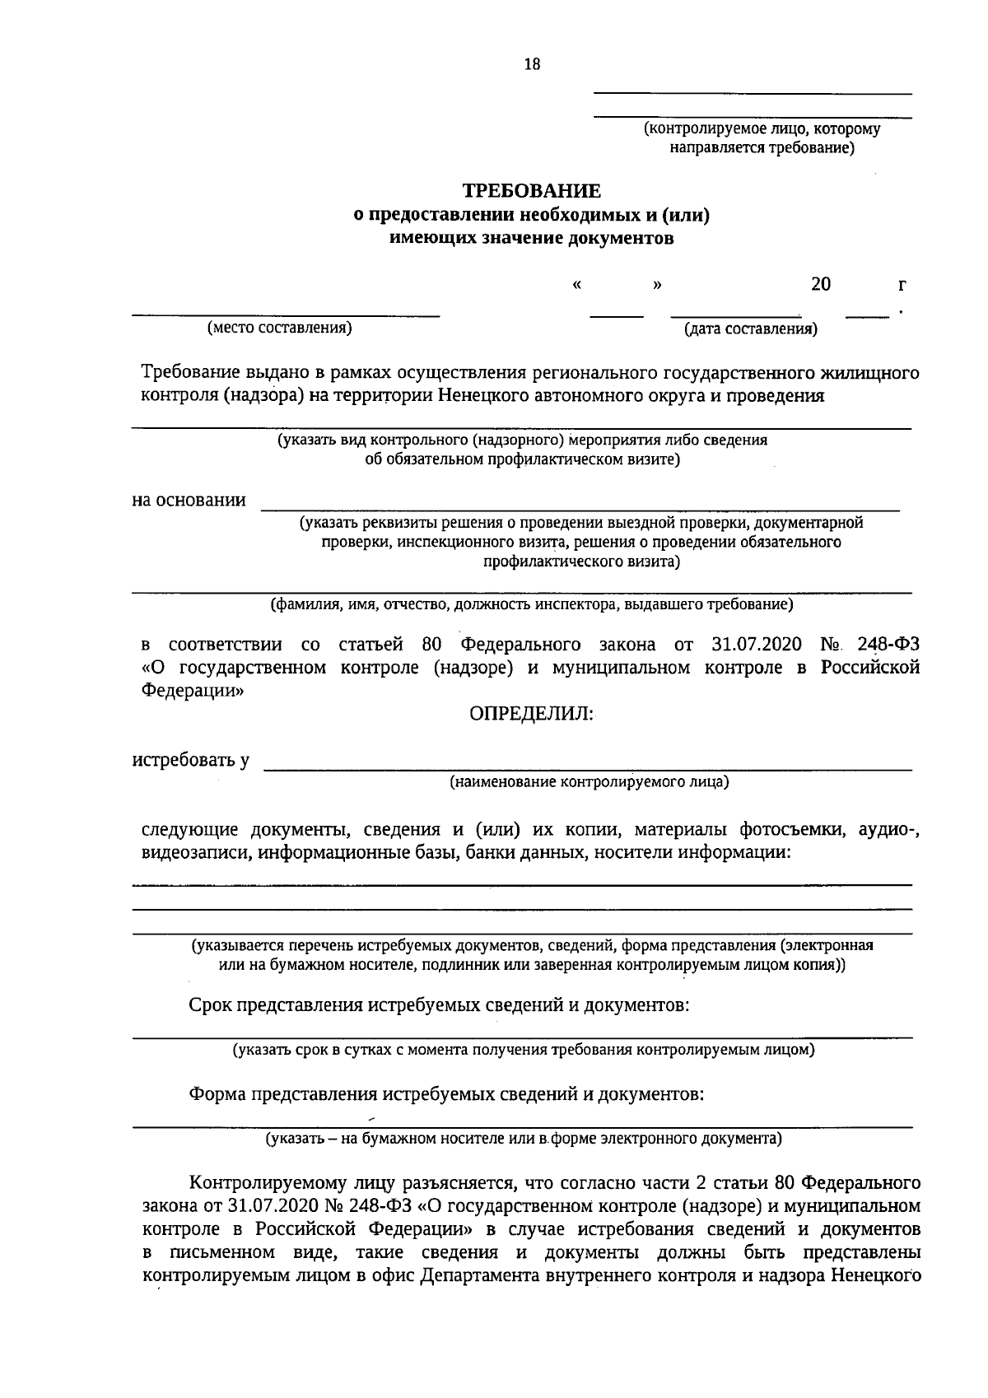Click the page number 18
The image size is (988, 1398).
(532, 65)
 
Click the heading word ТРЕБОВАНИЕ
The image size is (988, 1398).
(531, 192)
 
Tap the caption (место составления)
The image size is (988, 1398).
(280, 328)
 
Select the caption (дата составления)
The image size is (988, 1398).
(750, 330)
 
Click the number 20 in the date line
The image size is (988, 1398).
(820, 284)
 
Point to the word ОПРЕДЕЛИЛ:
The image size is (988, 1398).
(530, 714)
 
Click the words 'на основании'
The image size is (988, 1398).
(189, 500)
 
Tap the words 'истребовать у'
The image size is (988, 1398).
(191, 759)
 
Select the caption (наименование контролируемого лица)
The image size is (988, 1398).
(589, 781)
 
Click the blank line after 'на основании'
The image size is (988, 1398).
(580, 510)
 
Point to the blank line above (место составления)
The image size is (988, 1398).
(287, 315)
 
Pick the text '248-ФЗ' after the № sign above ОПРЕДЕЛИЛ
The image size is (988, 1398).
(888, 644)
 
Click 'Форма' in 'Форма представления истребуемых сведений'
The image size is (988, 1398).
(217, 1094)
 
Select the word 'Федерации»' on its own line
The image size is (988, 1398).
(193, 691)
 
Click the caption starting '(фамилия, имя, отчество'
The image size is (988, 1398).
(532, 605)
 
